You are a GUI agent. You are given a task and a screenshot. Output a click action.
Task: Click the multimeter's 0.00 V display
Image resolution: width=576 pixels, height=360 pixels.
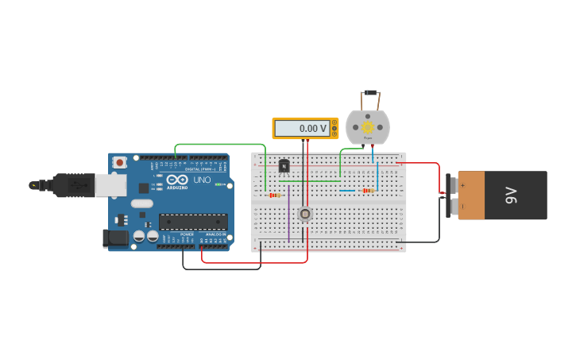[x=301, y=128]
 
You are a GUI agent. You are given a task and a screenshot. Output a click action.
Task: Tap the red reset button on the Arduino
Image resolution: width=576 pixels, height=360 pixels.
[x=119, y=162]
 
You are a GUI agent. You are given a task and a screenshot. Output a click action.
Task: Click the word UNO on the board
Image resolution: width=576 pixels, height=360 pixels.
[x=202, y=180]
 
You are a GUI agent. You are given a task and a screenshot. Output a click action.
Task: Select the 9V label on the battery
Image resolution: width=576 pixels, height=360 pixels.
[x=512, y=195]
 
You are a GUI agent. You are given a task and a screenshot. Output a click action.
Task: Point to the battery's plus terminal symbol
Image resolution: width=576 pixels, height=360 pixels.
[x=462, y=184]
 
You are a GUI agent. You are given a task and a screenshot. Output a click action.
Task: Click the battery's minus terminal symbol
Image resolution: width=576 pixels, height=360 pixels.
[x=462, y=207]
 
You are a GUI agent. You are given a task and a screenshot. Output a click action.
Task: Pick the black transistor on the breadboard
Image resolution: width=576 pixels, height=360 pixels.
[x=284, y=165]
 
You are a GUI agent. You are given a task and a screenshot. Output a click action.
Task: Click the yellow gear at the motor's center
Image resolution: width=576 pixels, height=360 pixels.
[x=368, y=127]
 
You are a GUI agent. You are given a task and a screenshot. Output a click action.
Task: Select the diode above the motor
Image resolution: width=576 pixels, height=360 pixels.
[x=369, y=93]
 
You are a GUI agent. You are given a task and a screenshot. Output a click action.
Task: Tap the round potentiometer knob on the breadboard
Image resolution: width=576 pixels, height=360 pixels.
[x=305, y=213]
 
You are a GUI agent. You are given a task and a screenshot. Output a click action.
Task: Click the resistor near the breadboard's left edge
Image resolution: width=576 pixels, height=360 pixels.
[x=274, y=195]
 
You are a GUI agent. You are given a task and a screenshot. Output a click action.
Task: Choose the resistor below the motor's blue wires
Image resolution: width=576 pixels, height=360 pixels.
[x=367, y=191]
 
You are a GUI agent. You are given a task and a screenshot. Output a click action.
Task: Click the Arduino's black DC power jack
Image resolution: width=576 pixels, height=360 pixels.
[x=116, y=237]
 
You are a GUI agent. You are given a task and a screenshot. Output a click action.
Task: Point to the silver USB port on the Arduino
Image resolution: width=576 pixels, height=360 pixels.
[x=110, y=185]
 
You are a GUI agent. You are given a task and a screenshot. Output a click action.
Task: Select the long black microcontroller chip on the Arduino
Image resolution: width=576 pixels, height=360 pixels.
[x=193, y=222]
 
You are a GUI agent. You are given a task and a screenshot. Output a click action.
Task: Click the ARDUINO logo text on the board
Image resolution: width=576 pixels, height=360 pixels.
[x=177, y=188]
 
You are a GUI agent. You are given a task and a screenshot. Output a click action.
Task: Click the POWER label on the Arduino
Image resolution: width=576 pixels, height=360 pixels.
[x=187, y=234]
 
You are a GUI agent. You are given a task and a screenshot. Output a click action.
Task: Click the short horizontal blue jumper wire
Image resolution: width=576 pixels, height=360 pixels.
[x=347, y=191]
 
